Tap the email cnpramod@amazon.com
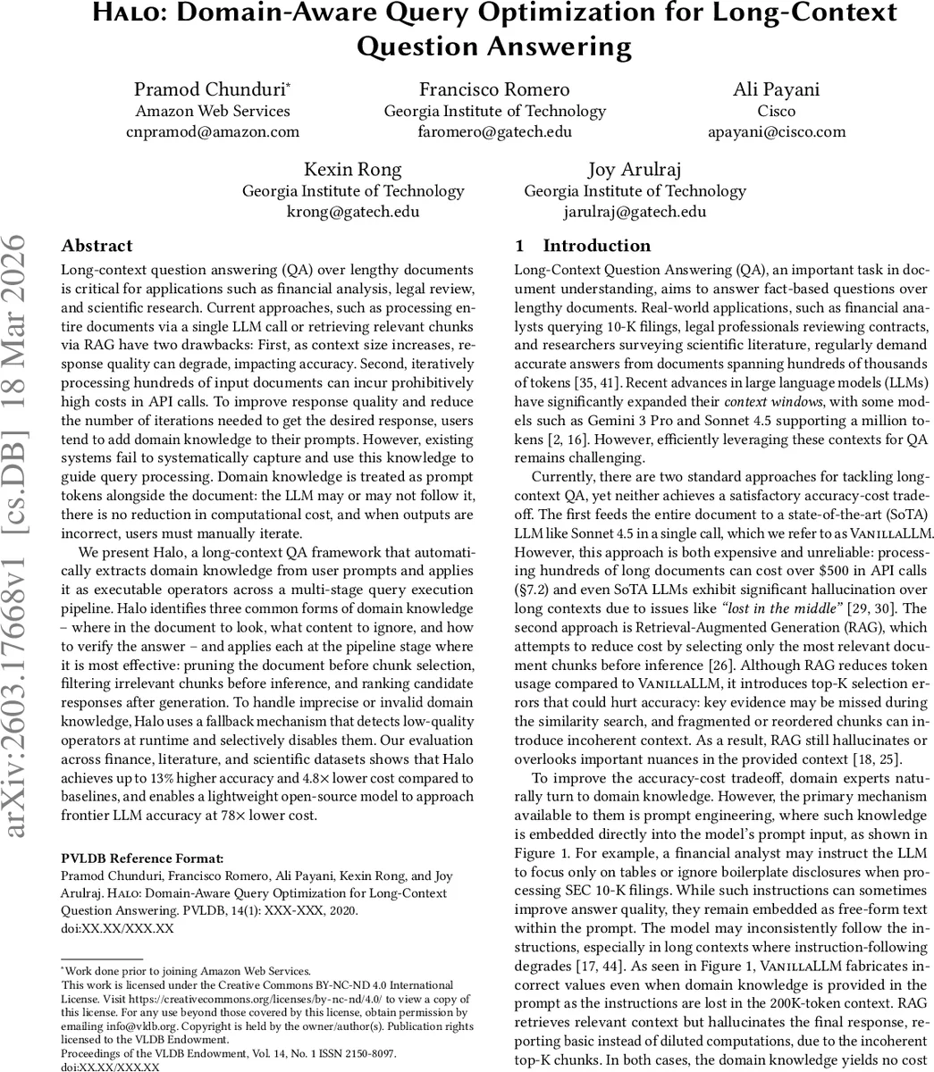tap(212, 132)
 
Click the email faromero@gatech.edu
tap(494, 132)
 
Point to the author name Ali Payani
tap(775, 89)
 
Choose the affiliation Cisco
tap(775, 111)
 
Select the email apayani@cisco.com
tap(775, 132)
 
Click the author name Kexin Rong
tap(353, 169)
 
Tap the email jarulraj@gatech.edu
tap(635, 212)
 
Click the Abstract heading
tap(97, 246)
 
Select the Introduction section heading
tap(596, 246)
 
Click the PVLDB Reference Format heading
tap(142, 858)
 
